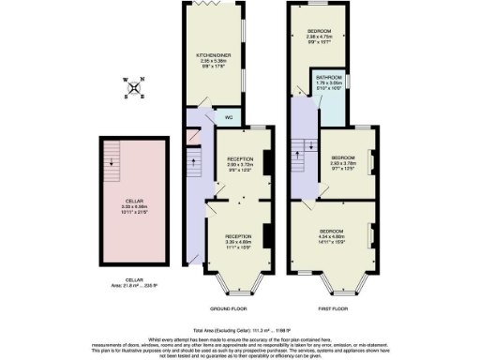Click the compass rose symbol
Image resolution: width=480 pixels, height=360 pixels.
point(136,88)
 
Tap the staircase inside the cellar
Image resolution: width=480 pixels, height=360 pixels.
point(113,157)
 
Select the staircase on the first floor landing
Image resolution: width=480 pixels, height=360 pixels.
point(301,149)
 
